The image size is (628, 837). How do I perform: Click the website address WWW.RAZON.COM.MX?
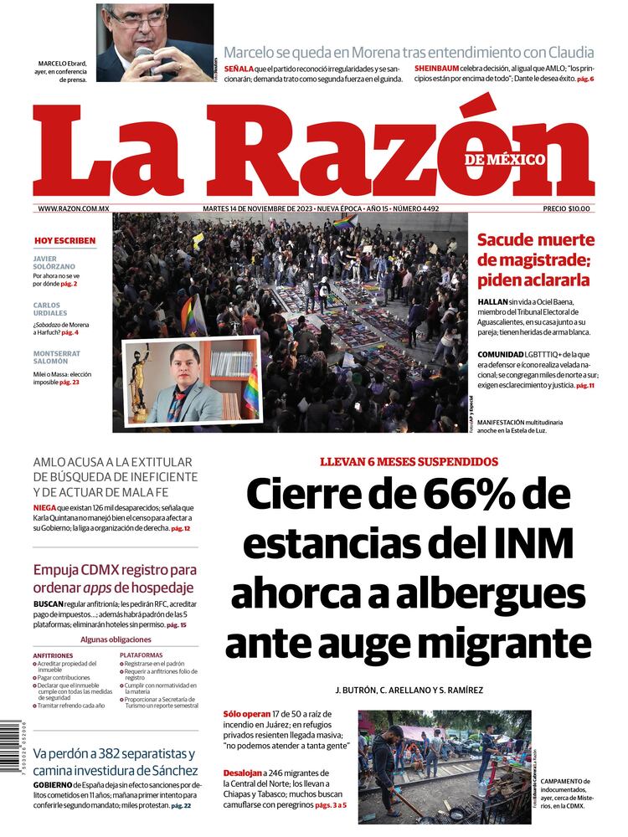[74, 208]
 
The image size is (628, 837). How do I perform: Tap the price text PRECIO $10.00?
[567, 208]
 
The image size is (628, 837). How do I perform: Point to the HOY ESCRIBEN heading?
[64, 241]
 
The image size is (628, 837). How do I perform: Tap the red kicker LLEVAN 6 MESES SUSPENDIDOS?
[409, 462]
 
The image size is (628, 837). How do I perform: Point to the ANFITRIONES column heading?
[53, 655]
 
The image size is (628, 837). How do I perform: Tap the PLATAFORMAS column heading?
[141, 655]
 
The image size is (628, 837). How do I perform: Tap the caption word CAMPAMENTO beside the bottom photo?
[565, 781]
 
